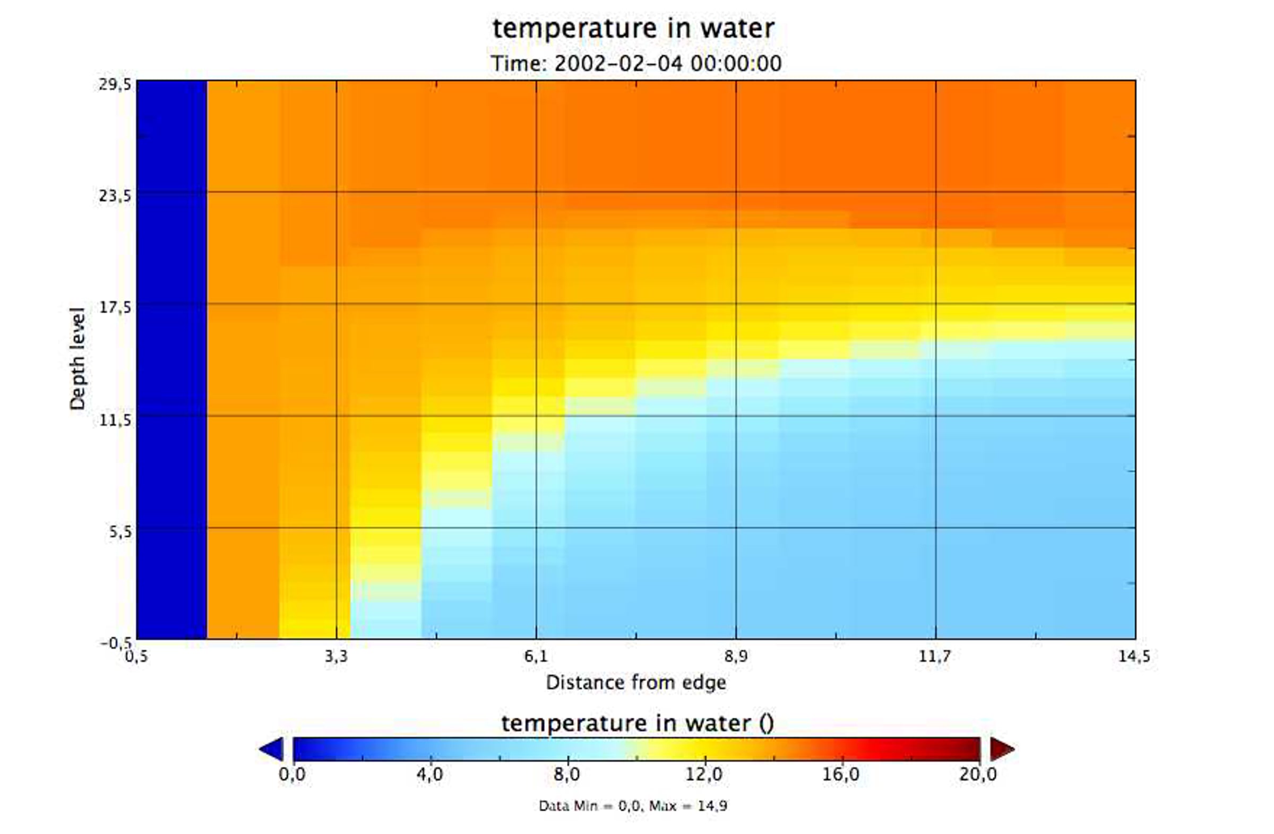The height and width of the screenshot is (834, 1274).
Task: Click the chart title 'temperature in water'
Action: tap(633, 28)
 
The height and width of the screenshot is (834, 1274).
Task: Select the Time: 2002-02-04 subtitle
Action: tap(636, 64)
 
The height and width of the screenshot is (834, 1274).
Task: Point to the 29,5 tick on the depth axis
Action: tap(115, 84)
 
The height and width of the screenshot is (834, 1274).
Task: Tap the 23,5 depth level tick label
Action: tap(115, 196)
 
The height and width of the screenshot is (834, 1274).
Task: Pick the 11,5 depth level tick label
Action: tap(115, 420)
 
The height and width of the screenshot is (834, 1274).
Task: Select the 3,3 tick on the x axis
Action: tap(336, 656)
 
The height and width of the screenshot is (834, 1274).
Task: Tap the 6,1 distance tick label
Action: tap(536, 656)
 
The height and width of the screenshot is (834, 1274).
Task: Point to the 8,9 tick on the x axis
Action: tap(736, 656)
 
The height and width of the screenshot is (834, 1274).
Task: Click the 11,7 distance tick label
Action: tap(935, 656)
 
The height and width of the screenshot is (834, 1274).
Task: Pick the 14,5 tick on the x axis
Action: tap(1134, 656)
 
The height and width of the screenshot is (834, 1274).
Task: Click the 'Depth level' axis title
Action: tap(78, 359)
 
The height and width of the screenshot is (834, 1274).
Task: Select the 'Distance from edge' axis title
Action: tap(636, 683)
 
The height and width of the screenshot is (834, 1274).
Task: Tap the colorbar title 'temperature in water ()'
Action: tap(637, 723)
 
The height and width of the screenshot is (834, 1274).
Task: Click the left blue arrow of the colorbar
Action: tap(272, 749)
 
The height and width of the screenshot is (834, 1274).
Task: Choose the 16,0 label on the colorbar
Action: tap(841, 774)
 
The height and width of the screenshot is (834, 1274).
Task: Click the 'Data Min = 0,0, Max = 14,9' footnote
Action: tap(633, 806)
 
